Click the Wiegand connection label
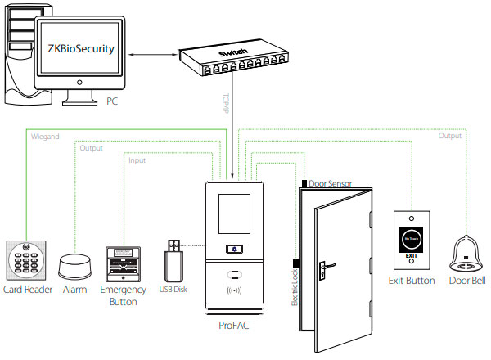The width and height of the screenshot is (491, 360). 44,137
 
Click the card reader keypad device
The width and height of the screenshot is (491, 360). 27,259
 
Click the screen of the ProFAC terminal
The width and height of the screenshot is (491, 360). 236,214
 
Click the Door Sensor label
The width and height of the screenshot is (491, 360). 331,184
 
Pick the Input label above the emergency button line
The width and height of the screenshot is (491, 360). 137,160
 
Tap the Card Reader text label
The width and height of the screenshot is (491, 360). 27,290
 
